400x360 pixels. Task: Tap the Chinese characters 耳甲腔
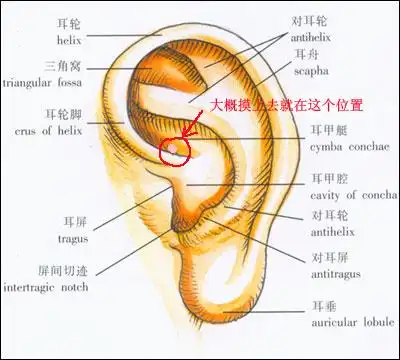pyautogui.click(x=324, y=178)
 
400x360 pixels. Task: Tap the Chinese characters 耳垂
pyautogui.click(x=320, y=303)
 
